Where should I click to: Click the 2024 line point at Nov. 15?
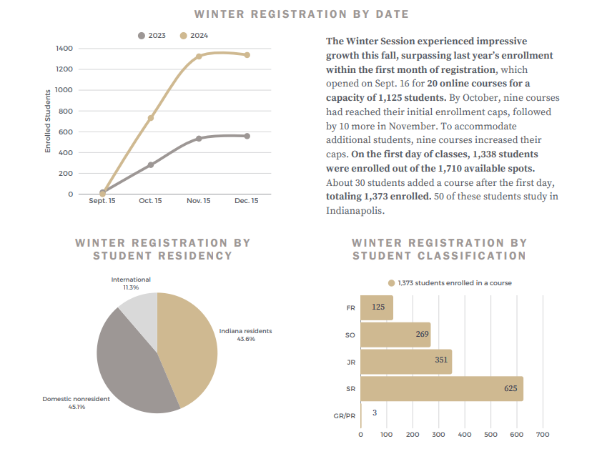coord(199,56)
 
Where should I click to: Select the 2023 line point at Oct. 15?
coord(151,165)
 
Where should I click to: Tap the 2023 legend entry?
coord(152,35)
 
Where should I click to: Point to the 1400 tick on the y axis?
coord(64,49)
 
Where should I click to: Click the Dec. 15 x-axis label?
coord(247,201)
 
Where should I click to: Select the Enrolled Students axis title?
coord(48,121)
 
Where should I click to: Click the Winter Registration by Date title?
coord(301,14)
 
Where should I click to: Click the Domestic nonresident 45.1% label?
coord(76,403)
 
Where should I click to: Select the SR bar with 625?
coord(442,389)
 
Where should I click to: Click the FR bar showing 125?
coord(377,307)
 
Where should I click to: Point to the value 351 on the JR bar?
coord(441,360)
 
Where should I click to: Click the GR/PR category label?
coord(345,415)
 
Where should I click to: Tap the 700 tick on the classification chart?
coord(542,434)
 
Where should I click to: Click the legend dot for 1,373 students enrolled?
coord(391,283)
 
